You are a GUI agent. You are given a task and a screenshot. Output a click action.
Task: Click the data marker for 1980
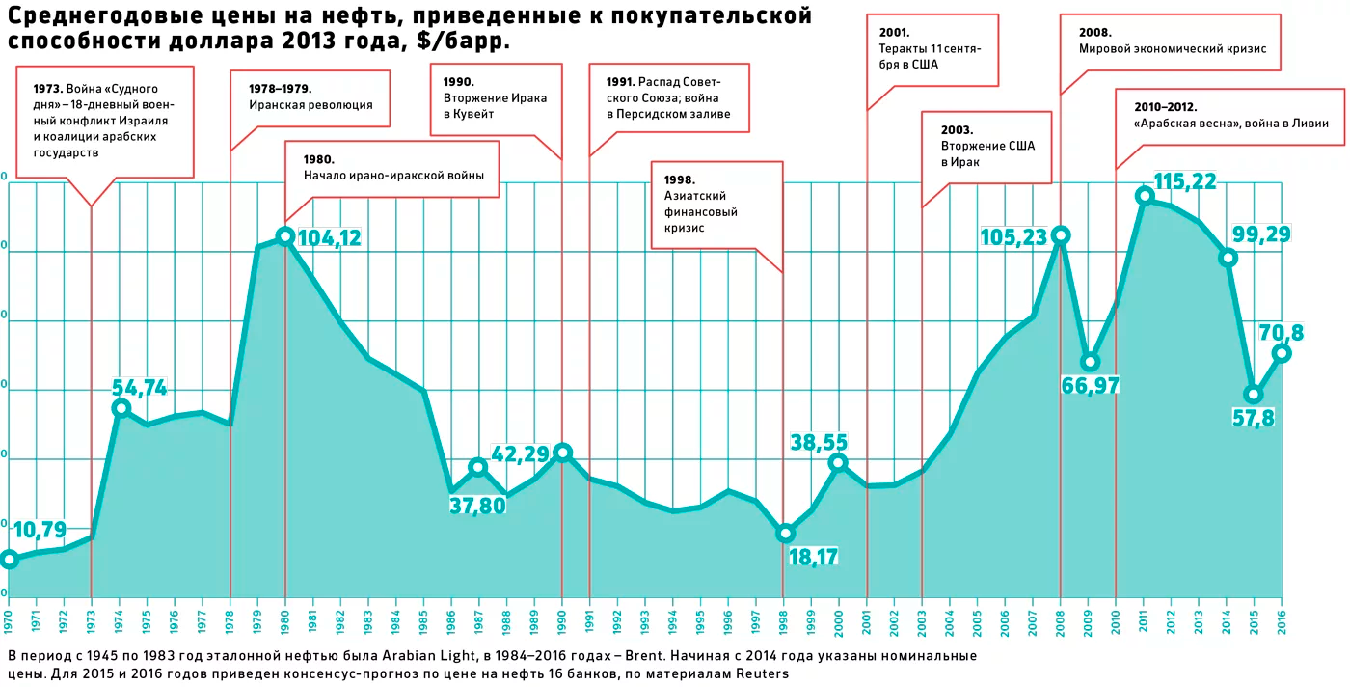pos(284,236)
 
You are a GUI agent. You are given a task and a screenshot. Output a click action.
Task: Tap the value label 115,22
pos(1185,181)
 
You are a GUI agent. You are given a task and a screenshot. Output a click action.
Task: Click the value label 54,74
pos(140,388)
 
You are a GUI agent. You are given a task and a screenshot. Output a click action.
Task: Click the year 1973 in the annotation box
pos(47,88)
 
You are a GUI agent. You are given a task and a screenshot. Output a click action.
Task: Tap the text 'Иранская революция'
pos(310,105)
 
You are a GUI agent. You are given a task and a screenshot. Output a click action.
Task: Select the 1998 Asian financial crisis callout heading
pos(680,179)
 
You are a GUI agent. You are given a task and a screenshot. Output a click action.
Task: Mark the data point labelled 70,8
pos(1282,353)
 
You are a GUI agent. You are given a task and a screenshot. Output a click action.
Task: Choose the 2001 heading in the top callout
pos(894,32)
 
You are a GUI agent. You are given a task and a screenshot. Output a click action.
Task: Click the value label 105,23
pos(1012,236)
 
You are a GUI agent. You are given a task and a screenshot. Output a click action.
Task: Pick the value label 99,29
pos(1262,234)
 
